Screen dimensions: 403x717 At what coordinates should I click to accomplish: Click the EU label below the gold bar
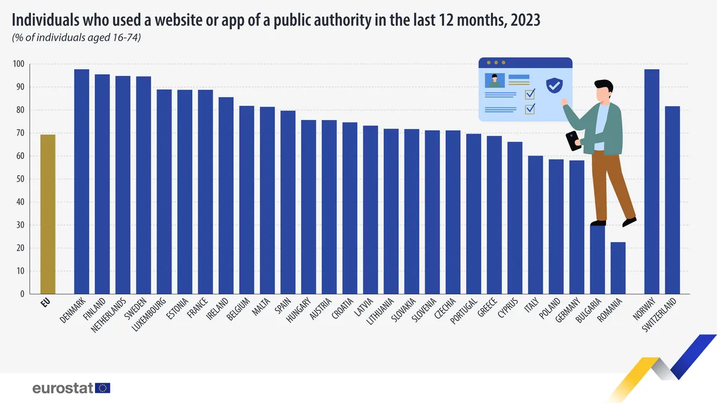pyautogui.click(x=45, y=302)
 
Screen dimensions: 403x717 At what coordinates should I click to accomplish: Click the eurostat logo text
pyautogui.click(x=63, y=388)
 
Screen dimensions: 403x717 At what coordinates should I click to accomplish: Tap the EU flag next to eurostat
pyautogui.click(x=103, y=388)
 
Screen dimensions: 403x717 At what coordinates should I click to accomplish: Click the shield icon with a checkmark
pyautogui.click(x=554, y=85)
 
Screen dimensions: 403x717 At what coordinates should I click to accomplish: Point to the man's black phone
pyautogui.click(x=574, y=141)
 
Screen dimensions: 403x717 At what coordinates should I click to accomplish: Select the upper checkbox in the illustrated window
pyautogui.click(x=530, y=94)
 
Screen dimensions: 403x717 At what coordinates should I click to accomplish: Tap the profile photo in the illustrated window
pyautogui.click(x=495, y=81)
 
